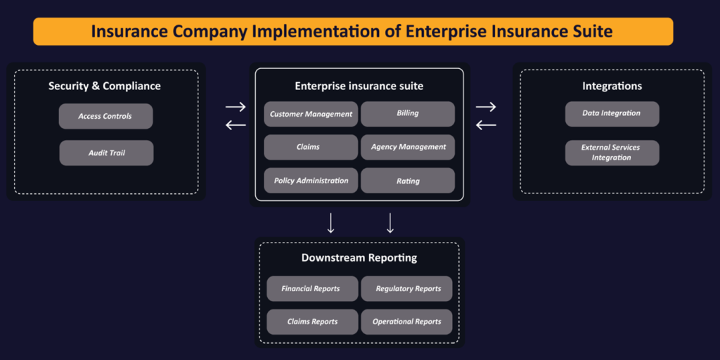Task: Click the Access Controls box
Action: point(105,116)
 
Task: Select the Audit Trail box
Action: point(106,153)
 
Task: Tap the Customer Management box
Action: point(311,114)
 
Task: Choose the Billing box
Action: point(408,113)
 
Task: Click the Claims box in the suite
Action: point(311,147)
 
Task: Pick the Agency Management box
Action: point(408,147)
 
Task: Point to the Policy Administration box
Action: point(311,181)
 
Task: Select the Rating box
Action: point(408,181)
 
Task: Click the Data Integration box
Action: point(612,113)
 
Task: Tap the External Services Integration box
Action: point(612,153)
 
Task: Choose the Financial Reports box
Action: point(311,288)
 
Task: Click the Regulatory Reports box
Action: point(407,288)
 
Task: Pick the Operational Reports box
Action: point(407,321)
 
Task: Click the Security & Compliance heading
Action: point(105,86)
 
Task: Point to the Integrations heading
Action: point(612,86)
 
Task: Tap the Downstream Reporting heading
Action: point(359,257)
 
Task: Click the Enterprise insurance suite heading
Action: point(359,86)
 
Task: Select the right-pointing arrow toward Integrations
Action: point(486,107)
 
